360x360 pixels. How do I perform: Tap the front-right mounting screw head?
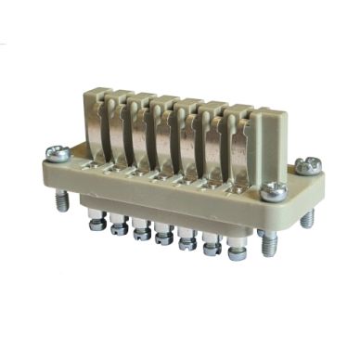click(x=273, y=191)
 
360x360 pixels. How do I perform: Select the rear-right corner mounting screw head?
click(x=304, y=166)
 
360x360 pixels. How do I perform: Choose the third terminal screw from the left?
click(x=142, y=229)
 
